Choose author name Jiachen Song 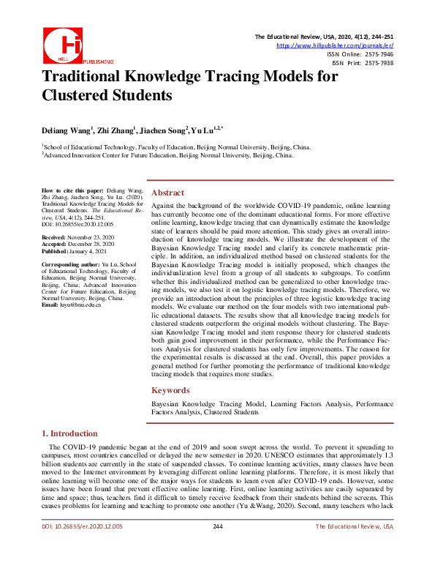pyautogui.click(x=165, y=130)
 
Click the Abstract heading pyautogui.click(x=167, y=193)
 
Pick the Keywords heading pyautogui.click(x=171, y=390)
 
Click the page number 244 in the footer pyautogui.click(x=217, y=547)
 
